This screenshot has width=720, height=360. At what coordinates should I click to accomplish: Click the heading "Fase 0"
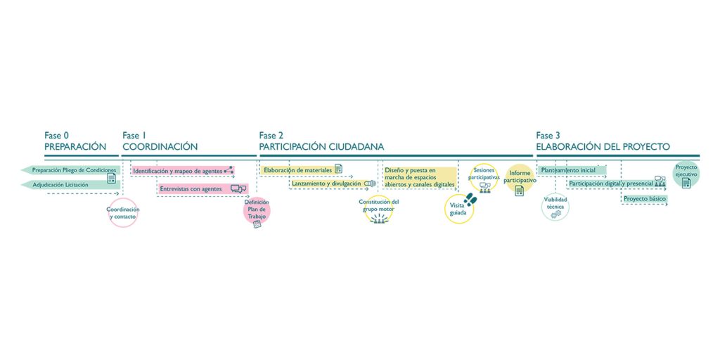pos(57,136)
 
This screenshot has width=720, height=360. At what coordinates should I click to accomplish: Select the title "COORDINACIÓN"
pos(160,147)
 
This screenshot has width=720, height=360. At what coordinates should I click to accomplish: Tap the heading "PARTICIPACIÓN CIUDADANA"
pos(321,147)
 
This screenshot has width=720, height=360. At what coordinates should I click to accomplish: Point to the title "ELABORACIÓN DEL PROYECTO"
pos(603,147)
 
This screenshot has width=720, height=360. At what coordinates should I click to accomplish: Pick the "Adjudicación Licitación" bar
pos(70,185)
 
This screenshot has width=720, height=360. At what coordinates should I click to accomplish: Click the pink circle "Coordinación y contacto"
pos(123,213)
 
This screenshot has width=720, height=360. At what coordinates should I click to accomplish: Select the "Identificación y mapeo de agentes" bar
pos(181,171)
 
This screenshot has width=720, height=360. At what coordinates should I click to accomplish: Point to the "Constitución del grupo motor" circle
pos(379,209)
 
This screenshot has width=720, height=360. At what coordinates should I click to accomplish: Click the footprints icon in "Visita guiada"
pos(470,200)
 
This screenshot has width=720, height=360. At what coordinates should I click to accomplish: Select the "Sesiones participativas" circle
pos(484,178)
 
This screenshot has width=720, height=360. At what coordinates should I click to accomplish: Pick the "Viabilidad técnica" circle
pos(555,207)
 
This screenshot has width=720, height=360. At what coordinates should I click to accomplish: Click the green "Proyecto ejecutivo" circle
pos(686,174)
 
